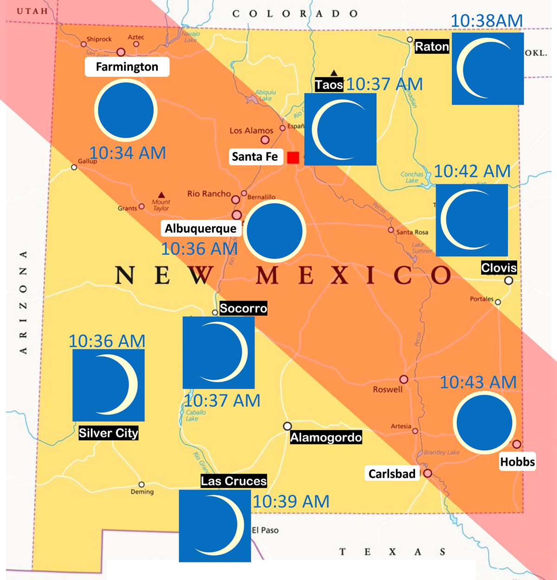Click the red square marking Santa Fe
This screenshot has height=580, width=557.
pyautogui.click(x=293, y=157)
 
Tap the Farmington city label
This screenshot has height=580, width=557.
pyautogui.click(x=127, y=67)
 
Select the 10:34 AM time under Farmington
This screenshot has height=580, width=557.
pyautogui.click(x=128, y=153)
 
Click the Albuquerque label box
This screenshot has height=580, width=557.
pyautogui.click(x=201, y=228)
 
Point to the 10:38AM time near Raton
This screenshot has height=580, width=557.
pyautogui.click(x=486, y=20)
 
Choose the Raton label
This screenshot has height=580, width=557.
pyautogui.click(x=432, y=46)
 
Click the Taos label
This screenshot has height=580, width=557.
pyautogui.click(x=329, y=85)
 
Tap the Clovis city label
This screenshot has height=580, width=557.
pyautogui.click(x=499, y=267)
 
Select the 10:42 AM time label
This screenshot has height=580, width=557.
pyautogui.click(x=472, y=171)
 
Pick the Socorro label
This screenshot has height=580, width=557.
pyautogui.click(x=243, y=308)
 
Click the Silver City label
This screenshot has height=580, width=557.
pyautogui.click(x=109, y=433)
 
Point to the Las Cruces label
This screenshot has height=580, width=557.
pyautogui.click(x=233, y=481)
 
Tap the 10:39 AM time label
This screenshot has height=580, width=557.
pyautogui.click(x=291, y=502)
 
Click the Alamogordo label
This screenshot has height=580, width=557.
pyautogui.click(x=326, y=437)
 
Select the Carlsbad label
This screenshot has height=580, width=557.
pyautogui.click(x=392, y=474)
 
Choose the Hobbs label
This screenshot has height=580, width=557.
pyautogui.click(x=518, y=462)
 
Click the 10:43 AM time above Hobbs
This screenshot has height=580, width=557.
pyautogui.click(x=478, y=382)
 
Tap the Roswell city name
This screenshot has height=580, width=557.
pyautogui.click(x=388, y=389)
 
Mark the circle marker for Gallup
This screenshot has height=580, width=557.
pyautogui.click(x=74, y=167)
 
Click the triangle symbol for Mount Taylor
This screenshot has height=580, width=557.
pyautogui.click(x=161, y=195)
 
